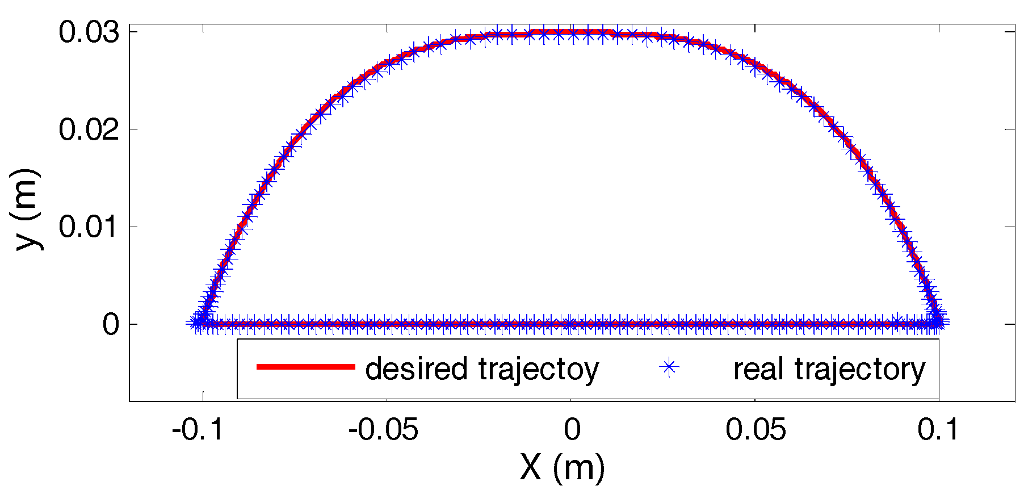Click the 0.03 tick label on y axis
89,33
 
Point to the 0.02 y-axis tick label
89,130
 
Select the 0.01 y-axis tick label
89,227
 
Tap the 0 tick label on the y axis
111,325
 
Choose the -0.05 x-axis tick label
383,430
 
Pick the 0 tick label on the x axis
572,430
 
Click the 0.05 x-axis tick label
756,430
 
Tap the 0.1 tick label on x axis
938,430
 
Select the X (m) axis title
562,468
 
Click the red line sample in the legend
305,367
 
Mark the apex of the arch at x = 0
572,33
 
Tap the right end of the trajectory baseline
940,324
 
